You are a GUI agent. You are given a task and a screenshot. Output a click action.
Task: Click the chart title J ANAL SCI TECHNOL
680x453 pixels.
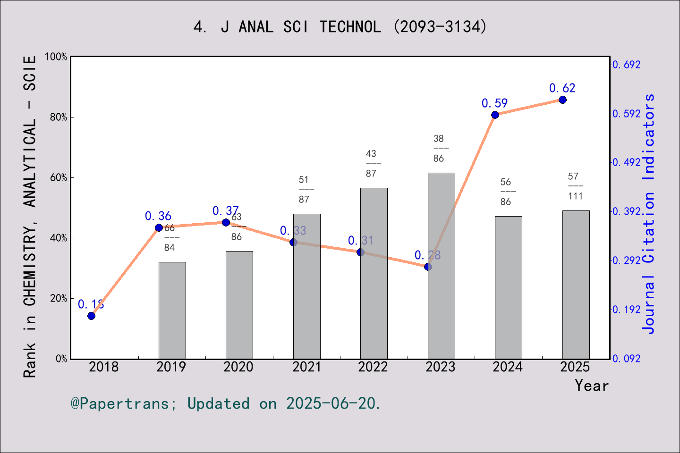point(340,27)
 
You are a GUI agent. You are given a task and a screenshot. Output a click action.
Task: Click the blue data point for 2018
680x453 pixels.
point(92,316)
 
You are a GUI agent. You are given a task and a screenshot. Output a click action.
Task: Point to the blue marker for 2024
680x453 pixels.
point(495,115)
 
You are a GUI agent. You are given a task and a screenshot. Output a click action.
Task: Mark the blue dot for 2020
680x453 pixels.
point(226,222)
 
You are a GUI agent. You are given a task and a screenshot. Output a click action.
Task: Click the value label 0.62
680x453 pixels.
point(562,88)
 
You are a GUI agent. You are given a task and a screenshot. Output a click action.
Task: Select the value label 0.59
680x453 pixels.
point(494,103)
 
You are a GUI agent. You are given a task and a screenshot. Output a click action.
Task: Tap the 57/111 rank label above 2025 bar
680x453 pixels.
point(575,186)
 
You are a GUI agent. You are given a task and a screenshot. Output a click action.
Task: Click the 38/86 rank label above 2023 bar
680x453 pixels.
point(439,149)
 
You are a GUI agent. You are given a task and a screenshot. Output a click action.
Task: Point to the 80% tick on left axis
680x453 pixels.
point(59,117)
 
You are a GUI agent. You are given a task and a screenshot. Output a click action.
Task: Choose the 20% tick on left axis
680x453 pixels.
point(59,298)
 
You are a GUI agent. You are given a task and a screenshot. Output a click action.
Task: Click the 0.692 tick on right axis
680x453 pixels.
point(627,65)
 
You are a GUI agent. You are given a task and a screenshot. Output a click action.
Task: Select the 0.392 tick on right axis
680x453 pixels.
point(627,211)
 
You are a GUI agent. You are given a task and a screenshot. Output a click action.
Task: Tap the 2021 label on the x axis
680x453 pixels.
point(306,367)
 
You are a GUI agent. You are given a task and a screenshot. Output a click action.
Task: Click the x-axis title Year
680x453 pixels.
point(591,386)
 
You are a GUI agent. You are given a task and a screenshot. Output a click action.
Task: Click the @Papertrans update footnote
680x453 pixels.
point(226,403)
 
